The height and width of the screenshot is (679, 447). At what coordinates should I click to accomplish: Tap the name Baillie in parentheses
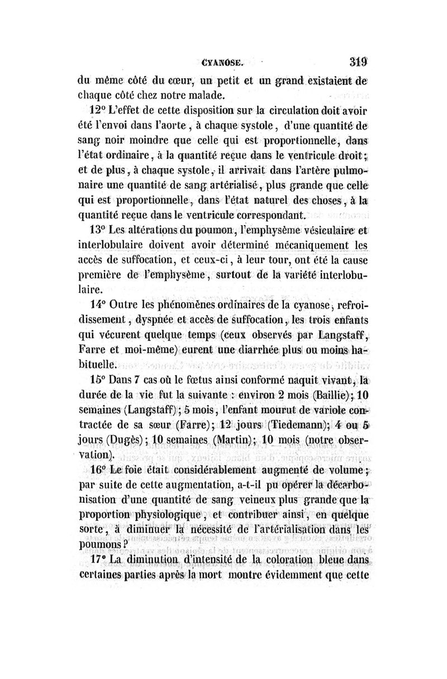331,395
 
